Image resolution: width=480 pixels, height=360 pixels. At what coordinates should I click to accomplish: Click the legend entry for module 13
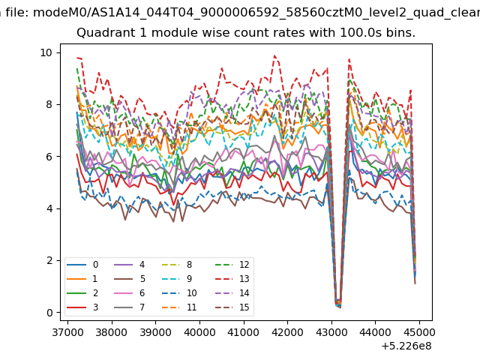tap(232, 279)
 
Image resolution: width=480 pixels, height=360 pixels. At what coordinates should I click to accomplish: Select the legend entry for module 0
tap(82, 265)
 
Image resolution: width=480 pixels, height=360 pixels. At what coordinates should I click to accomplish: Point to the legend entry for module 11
tap(179, 307)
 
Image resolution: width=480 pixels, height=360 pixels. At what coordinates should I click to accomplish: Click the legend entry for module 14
tap(232, 293)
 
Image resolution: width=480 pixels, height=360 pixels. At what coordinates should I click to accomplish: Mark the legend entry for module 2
tap(82, 293)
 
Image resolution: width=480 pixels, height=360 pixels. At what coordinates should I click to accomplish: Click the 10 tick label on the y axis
tap(46, 52)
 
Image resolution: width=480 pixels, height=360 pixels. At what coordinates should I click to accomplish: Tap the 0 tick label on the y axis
tap(49, 313)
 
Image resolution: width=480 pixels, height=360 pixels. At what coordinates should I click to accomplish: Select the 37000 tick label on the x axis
tap(67, 332)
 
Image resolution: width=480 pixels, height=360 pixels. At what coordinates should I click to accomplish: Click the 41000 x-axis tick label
tap(244, 332)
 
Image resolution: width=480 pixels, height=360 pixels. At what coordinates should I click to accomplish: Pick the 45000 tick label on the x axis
tap(419, 332)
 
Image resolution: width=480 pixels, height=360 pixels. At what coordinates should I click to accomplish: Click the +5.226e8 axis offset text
tap(406, 346)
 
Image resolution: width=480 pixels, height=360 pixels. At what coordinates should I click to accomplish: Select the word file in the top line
tap(18, 13)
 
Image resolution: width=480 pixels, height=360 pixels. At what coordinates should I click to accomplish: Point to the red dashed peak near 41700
tap(274, 55)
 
